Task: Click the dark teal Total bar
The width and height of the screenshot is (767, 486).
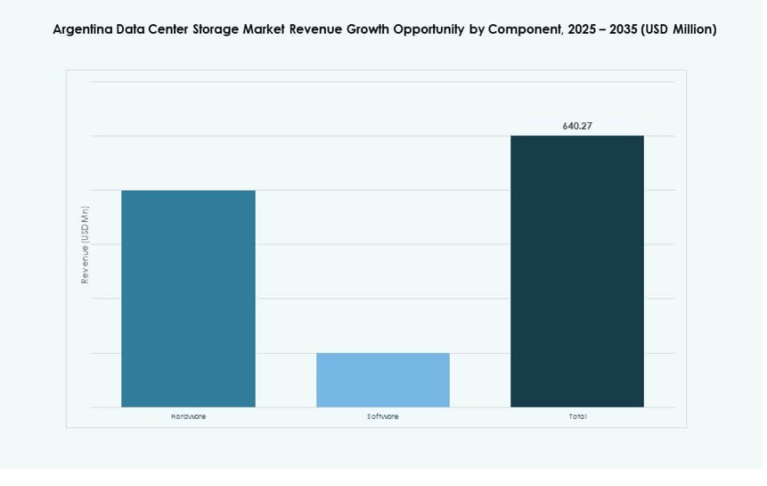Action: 576,271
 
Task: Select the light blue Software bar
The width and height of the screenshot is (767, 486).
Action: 382,380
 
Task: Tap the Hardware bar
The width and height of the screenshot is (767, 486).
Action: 188,299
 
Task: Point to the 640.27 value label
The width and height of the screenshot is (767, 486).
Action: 576,126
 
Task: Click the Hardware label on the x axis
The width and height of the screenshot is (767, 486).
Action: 188,416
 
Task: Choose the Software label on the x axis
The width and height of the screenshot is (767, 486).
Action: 382,416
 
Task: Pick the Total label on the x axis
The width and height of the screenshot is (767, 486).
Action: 576,416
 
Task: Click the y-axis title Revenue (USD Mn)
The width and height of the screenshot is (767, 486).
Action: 86,244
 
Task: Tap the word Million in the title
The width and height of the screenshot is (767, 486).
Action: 691,29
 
